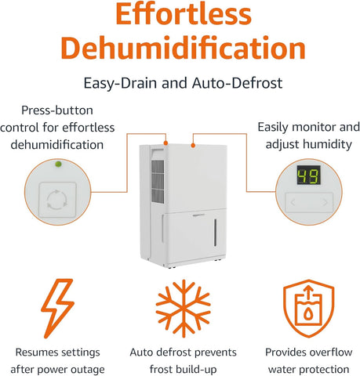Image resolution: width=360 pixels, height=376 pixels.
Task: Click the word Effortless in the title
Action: coord(184,13)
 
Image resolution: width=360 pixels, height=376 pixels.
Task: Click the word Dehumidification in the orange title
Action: coord(184,48)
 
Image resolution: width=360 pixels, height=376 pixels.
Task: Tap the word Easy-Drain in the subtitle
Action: coord(121,83)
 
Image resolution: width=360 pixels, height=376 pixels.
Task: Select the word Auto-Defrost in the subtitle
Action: coord(237,83)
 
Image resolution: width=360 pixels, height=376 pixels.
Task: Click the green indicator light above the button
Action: coord(58,164)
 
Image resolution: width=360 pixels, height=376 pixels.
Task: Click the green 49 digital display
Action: coord(309,175)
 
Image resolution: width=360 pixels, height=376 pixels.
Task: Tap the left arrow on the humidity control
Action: coord(293,202)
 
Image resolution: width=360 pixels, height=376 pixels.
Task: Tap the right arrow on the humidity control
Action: coord(325,202)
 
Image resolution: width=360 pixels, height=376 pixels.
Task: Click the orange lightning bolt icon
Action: coord(57,308)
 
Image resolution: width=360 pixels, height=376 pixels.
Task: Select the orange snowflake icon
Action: coord(184,309)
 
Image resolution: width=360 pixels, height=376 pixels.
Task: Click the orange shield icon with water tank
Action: coord(309,309)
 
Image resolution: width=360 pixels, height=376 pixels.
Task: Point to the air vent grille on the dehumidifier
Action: coord(158,182)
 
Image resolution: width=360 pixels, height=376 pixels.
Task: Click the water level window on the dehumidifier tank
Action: coord(215,233)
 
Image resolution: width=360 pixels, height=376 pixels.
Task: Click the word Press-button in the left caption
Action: coord(57,110)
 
